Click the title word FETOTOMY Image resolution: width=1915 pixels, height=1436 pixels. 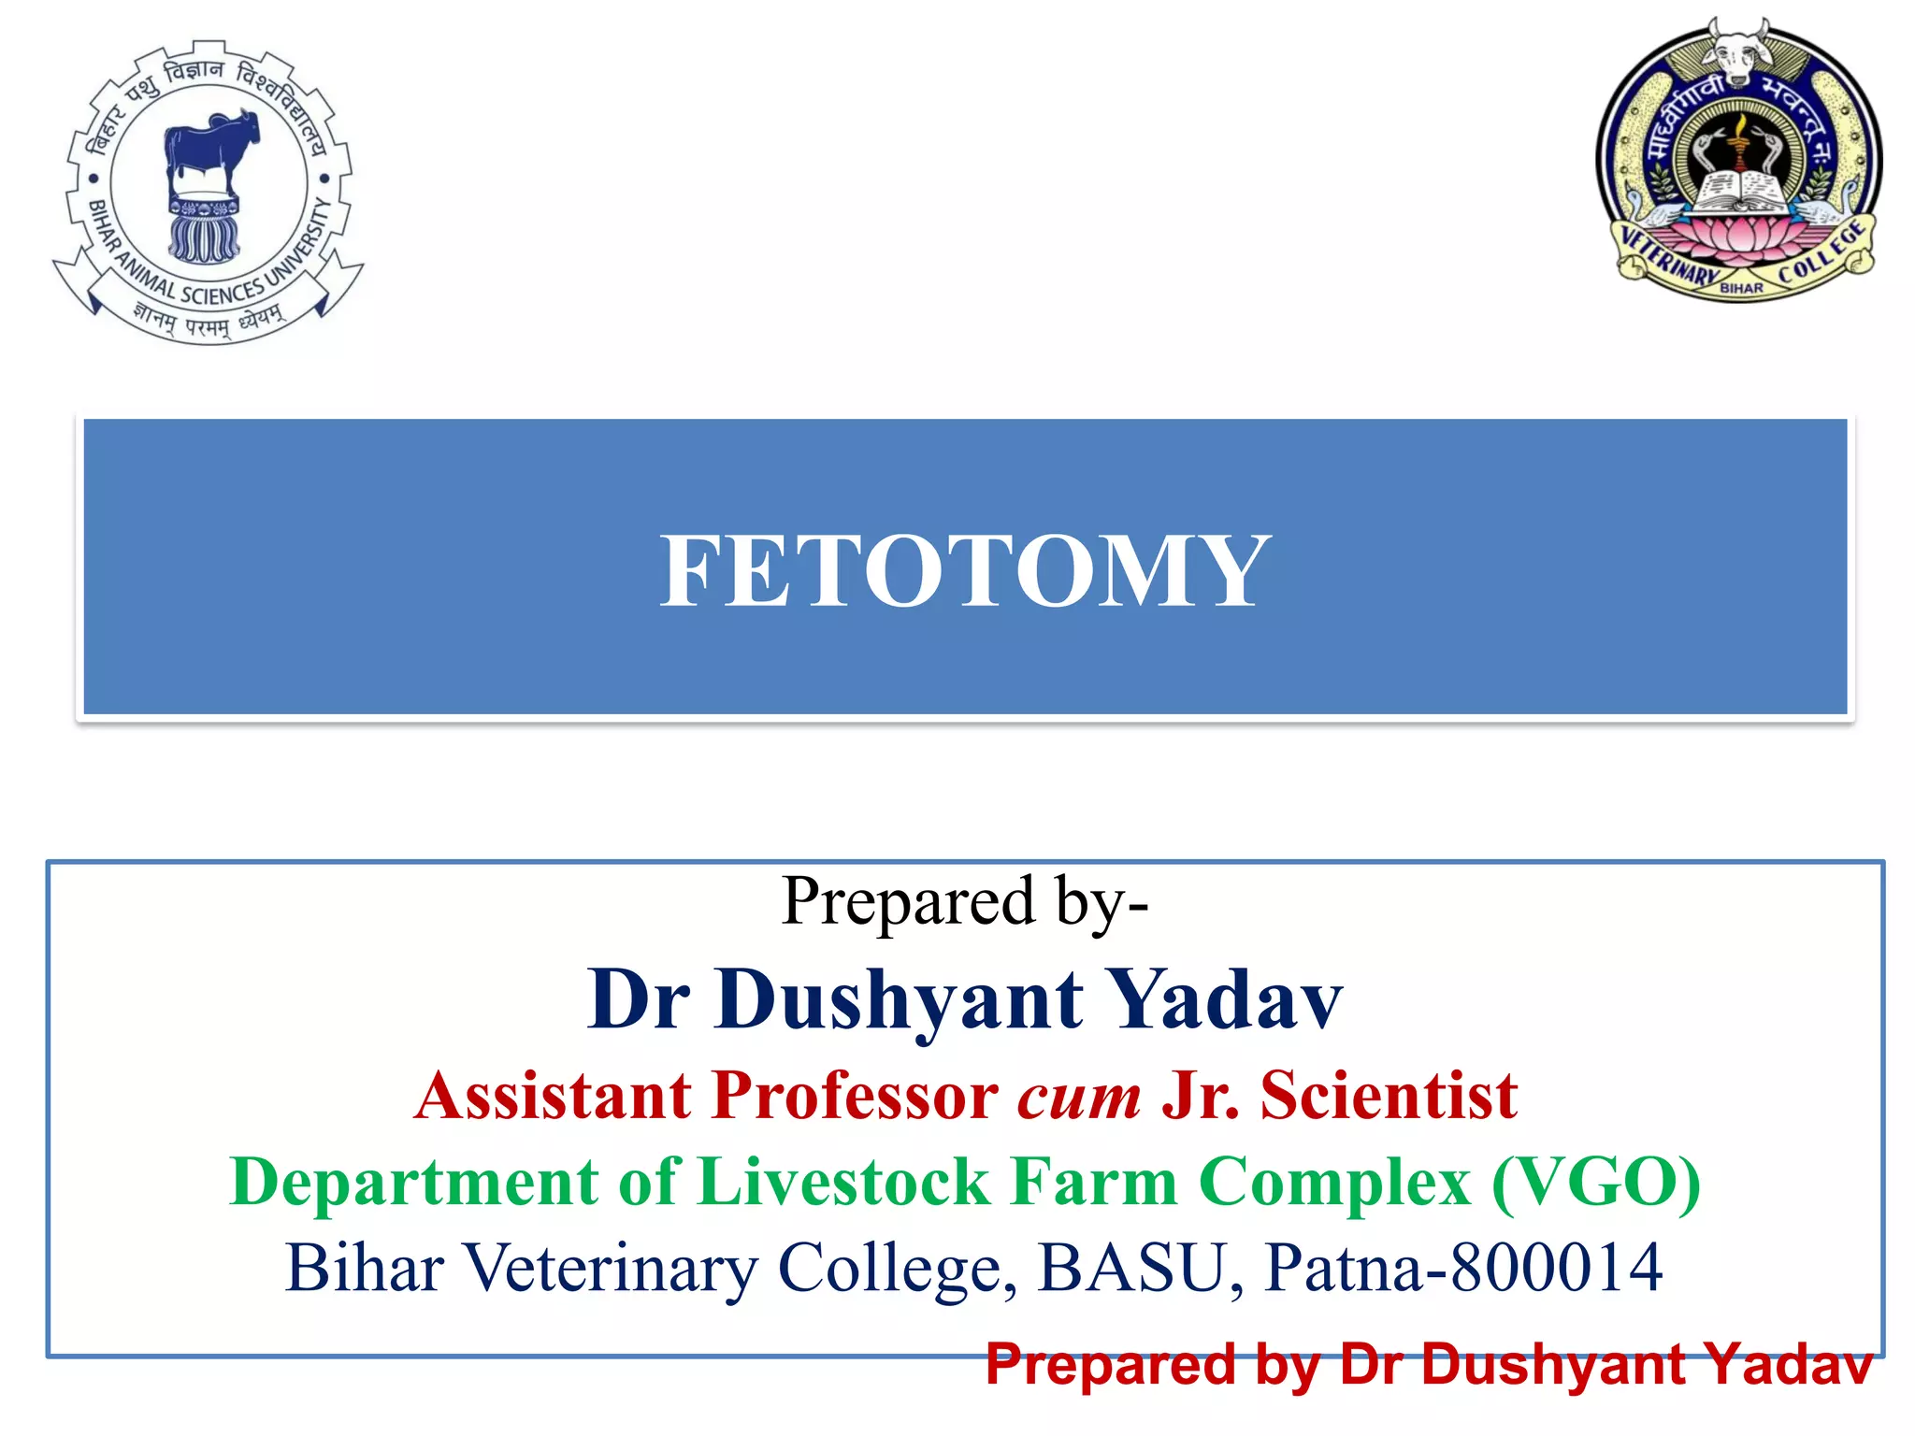pyautogui.click(x=965, y=571)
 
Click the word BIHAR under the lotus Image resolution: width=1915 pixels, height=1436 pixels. pyautogui.click(x=1741, y=289)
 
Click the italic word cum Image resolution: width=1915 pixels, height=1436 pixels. pyautogui.click(x=1079, y=1097)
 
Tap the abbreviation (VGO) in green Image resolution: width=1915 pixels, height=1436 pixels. pyautogui.click(x=1596, y=1183)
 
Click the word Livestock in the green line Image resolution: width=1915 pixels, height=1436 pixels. pyautogui.click(x=844, y=1183)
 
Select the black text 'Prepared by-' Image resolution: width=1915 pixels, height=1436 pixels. pyautogui.click(x=965, y=902)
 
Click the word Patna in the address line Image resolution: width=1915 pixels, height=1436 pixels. pyautogui.click(x=1343, y=1269)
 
